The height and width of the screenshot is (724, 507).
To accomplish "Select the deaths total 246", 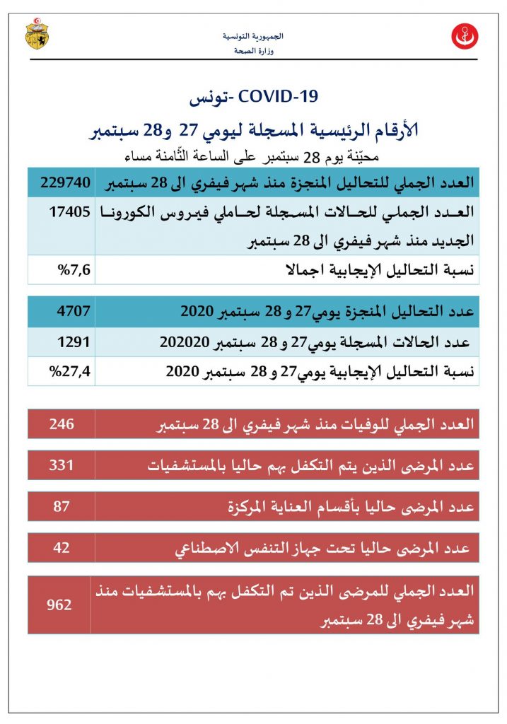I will (62, 424).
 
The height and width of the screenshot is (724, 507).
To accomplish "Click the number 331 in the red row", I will (62, 465).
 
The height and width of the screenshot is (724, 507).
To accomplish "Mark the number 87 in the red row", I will (62, 506).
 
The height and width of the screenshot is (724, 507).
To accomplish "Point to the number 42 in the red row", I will (62, 548).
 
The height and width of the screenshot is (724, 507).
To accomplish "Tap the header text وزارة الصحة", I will (253, 52).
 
